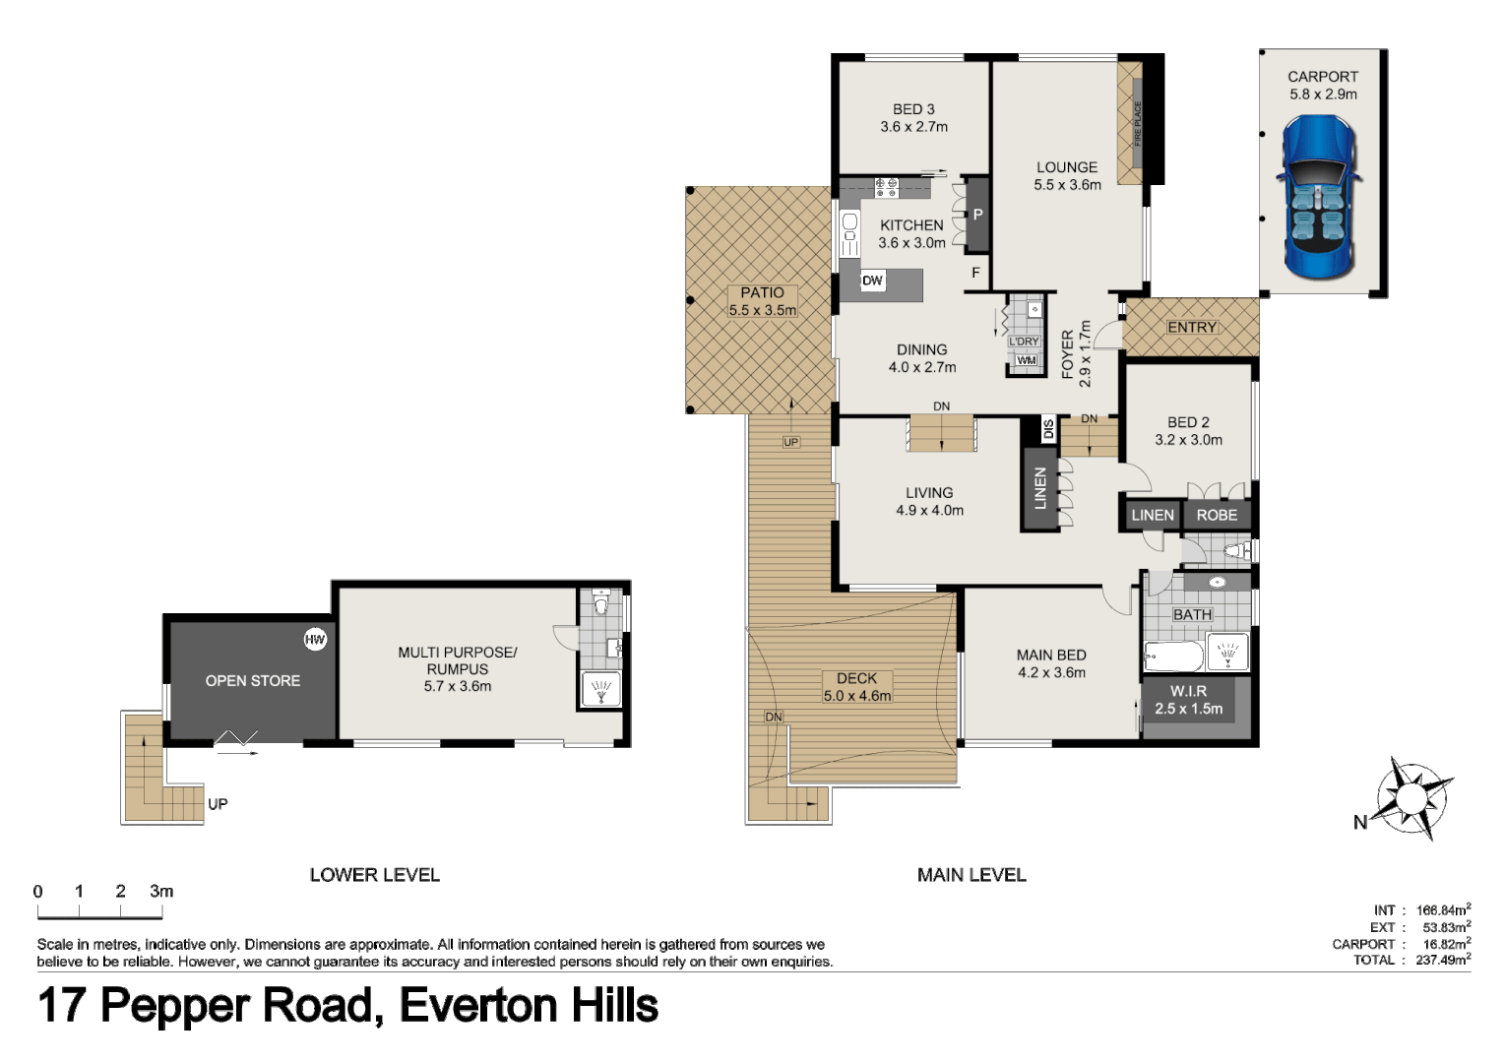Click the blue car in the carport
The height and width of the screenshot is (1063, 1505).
click(x=1319, y=197)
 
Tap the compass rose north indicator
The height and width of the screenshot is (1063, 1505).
click(x=1411, y=795)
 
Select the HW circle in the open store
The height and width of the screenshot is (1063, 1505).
click(x=315, y=640)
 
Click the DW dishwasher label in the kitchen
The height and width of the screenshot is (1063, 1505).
click(x=872, y=281)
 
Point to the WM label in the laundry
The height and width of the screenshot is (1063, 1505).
click(x=1027, y=360)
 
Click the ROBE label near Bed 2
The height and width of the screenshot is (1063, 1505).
click(x=1217, y=515)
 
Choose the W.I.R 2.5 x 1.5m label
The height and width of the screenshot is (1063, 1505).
click(x=1188, y=700)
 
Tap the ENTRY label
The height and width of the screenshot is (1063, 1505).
click(x=1192, y=328)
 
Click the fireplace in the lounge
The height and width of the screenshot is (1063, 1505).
click(x=1130, y=123)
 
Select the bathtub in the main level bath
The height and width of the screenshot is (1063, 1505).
click(x=1173, y=656)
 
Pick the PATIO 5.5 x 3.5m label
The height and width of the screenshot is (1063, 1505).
click(x=762, y=301)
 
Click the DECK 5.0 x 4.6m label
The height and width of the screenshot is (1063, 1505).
click(x=856, y=687)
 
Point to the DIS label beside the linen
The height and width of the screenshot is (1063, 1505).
click(x=1048, y=429)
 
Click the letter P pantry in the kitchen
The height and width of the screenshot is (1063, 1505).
click(x=977, y=215)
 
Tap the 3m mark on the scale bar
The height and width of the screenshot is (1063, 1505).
click(x=161, y=891)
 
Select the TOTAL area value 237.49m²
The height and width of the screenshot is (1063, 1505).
click(x=1443, y=960)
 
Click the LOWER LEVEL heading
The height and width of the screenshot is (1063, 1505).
click(x=374, y=875)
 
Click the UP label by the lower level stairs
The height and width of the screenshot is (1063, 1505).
click(x=218, y=804)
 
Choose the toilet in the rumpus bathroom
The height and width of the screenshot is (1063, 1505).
click(x=601, y=602)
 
